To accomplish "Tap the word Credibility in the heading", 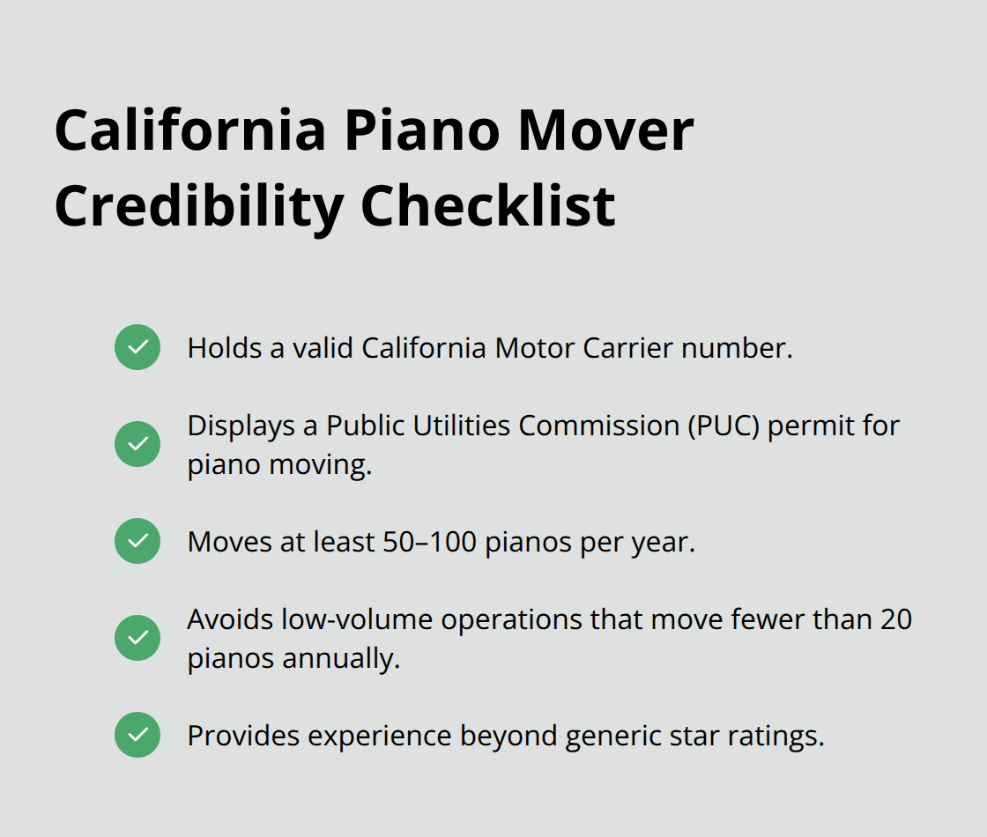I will click(197, 206).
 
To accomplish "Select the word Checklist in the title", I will click(488, 206).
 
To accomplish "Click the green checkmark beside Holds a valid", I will click(137, 347).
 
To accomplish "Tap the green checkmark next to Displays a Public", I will click(137, 444).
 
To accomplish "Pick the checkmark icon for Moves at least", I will click(137, 541).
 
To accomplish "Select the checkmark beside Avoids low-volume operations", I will click(137, 638).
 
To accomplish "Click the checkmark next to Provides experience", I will click(137, 735).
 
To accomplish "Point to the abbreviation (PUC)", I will click(730, 426).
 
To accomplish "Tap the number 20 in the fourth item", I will click(895, 619).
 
